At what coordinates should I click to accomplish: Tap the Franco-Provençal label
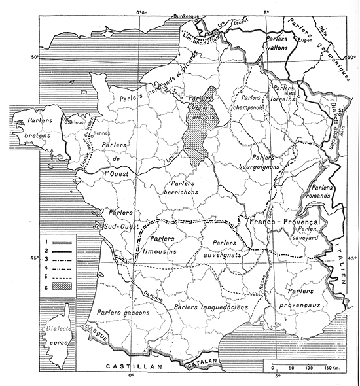(x=282, y=223)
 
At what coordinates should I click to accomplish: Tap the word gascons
(x=135, y=313)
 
